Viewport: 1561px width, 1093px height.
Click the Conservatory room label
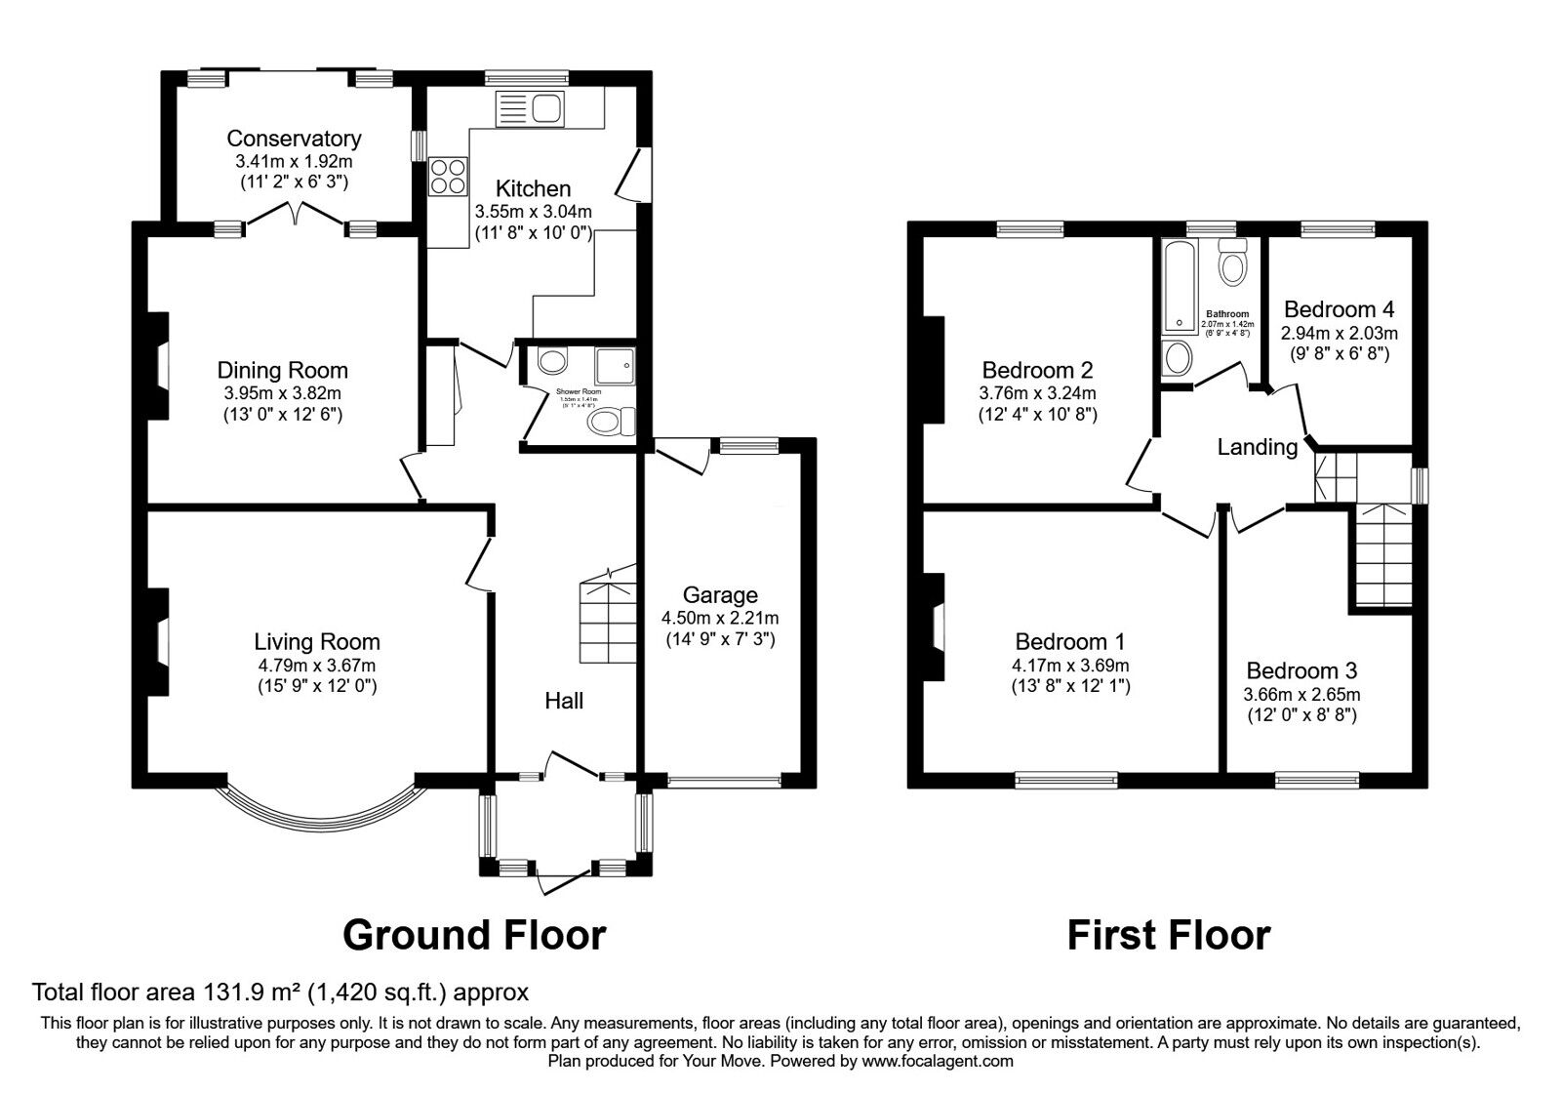click(294, 139)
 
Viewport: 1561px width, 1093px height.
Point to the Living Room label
click(316, 642)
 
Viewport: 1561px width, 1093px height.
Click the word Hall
click(564, 700)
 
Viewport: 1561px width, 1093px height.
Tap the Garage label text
click(720, 595)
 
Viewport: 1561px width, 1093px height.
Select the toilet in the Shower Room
click(613, 422)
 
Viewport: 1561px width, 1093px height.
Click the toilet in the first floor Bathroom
click(1234, 262)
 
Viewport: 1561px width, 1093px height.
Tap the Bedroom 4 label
click(1339, 309)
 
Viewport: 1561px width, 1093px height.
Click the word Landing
click(1257, 447)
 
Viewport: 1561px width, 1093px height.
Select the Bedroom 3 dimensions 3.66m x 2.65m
click(1301, 695)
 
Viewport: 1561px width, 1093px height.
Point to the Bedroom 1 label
click(1070, 642)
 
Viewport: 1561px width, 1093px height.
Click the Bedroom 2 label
click(1037, 371)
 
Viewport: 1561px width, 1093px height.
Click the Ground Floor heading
click(474, 935)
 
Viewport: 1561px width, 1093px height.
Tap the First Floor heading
click(1168, 935)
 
